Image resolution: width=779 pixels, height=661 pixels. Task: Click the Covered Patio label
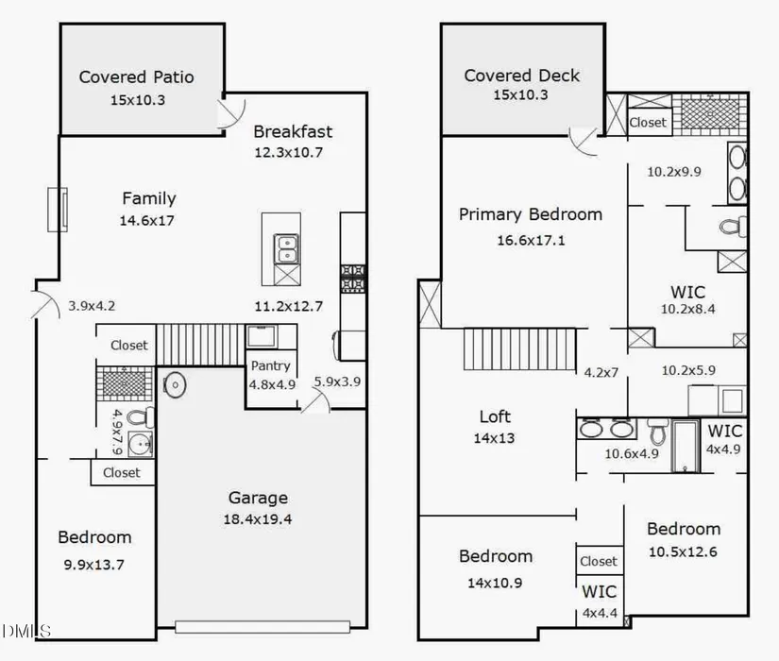click(x=137, y=77)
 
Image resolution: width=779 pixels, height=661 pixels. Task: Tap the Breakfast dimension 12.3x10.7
click(x=289, y=152)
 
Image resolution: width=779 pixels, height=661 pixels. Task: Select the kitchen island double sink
click(x=286, y=249)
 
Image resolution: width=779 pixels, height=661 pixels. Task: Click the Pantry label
click(x=271, y=365)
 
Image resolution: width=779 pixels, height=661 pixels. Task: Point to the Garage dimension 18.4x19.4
click(x=258, y=519)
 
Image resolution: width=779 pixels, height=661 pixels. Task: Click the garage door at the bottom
click(x=262, y=626)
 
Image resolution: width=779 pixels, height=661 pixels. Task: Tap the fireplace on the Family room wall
click(x=58, y=210)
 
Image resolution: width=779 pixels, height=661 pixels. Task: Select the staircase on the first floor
click(x=201, y=345)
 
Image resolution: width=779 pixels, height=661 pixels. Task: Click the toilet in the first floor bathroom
click(x=141, y=417)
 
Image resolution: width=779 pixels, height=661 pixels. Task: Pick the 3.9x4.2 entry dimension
click(x=92, y=306)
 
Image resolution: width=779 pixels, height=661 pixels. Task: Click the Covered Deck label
click(x=521, y=76)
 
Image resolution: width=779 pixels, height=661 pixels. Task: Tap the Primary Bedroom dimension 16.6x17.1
click(x=531, y=241)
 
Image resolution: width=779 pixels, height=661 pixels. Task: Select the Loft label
click(x=495, y=416)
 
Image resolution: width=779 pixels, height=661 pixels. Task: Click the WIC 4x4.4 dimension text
click(x=601, y=613)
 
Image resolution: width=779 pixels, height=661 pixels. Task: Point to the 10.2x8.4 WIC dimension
click(x=688, y=309)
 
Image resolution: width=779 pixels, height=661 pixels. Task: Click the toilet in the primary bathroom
click(x=733, y=228)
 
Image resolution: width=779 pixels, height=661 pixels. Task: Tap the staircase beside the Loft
click(x=519, y=348)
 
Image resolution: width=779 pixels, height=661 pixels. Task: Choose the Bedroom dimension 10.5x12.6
click(x=683, y=551)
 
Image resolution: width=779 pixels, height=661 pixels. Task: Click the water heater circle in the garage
click(x=175, y=384)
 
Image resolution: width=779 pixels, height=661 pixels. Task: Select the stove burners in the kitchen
click(x=353, y=278)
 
